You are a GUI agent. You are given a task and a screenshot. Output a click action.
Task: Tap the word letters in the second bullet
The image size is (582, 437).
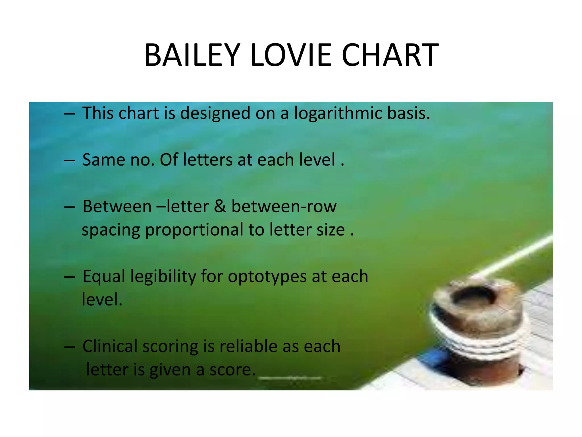click(208, 160)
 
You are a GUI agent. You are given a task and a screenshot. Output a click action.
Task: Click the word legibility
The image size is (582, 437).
click(163, 277)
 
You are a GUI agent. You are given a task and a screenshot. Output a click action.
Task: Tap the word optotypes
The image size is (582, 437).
click(267, 277)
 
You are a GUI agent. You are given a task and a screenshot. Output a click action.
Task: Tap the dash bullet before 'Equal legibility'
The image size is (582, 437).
click(69, 277)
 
